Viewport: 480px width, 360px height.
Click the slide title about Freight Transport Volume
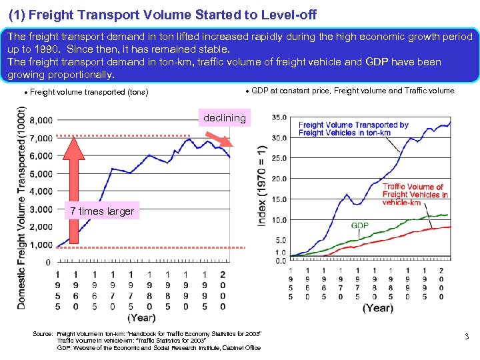click(x=162, y=14)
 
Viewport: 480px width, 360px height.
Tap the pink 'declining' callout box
click(x=225, y=118)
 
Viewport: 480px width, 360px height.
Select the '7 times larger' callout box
click(x=101, y=211)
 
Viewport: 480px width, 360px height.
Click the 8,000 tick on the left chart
click(x=39, y=121)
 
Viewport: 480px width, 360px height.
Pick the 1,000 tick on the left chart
click(x=39, y=245)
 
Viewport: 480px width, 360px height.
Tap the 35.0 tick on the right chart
click(x=279, y=117)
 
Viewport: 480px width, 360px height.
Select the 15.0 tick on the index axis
click(x=279, y=199)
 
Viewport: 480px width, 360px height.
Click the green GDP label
click(x=360, y=226)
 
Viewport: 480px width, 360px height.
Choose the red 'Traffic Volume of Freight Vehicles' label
click(x=414, y=195)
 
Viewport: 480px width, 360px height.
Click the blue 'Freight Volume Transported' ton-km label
click(x=353, y=129)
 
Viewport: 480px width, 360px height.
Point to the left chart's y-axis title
click(x=22, y=208)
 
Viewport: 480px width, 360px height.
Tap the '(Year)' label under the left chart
click(x=141, y=317)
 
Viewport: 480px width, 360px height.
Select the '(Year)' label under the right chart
click(x=377, y=308)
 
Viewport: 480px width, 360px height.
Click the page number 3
click(x=466, y=337)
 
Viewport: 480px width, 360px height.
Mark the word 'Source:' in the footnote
click(x=43, y=333)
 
